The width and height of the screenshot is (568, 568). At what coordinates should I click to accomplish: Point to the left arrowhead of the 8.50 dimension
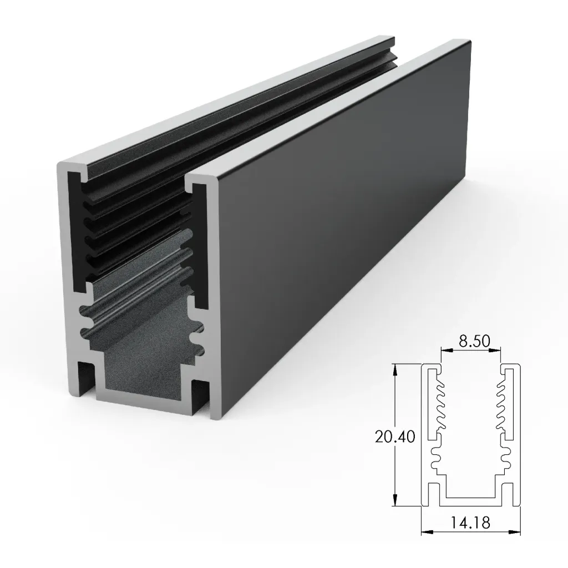click(x=443, y=351)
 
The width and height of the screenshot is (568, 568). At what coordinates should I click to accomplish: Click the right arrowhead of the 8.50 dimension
click(x=499, y=351)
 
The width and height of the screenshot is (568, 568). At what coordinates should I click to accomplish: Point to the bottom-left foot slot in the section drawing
click(x=435, y=494)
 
